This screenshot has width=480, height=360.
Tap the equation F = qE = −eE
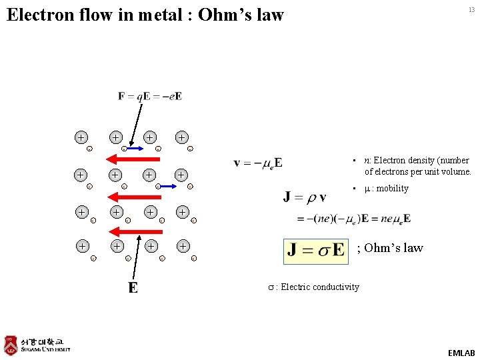(x=150, y=96)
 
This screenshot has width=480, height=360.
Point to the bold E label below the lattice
(x=133, y=287)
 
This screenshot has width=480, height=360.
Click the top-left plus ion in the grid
(x=81, y=137)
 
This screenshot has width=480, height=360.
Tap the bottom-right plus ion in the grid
(x=182, y=246)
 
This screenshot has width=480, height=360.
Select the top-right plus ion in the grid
(x=182, y=137)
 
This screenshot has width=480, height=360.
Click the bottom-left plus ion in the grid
(x=81, y=246)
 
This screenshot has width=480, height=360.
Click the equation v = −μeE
(x=258, y=162)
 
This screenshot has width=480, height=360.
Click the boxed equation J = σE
(x=316, y=250)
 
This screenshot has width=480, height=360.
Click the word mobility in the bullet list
(x=393, y=188)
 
